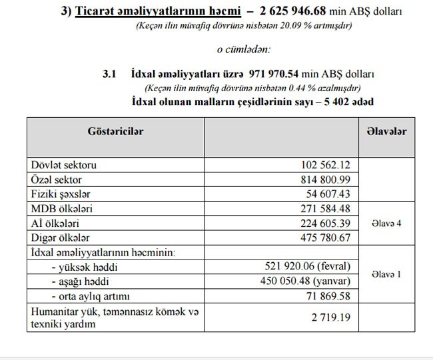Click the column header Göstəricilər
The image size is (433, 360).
116,132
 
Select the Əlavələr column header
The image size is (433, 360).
386,132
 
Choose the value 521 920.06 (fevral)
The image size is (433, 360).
308,266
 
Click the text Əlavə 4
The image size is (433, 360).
386,224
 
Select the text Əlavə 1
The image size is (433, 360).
386,274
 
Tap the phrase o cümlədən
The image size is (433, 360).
244,49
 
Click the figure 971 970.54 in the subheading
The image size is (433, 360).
280,75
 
